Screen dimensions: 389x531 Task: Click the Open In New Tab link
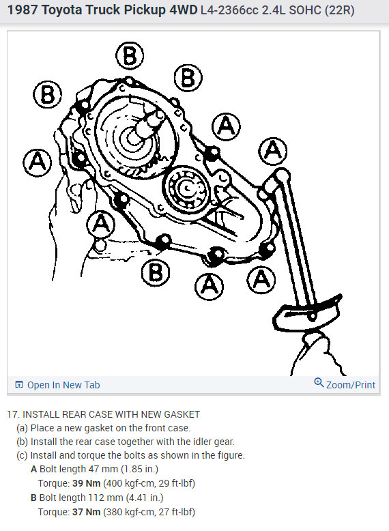coord(57,385)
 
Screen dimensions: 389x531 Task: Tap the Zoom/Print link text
coord(350,385)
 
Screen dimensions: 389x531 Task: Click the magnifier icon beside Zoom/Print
coord(319,383)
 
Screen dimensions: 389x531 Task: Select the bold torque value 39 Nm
coord(87,483)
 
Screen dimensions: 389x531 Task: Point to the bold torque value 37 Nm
coord(87,512)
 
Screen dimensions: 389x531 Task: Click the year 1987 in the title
coord(23,10)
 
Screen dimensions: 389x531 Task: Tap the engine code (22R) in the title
coord(339,10)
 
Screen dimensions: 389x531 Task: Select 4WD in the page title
coord(183,10)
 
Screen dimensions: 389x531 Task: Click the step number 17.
coord(13,414)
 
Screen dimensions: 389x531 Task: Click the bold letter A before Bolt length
coord(33,469)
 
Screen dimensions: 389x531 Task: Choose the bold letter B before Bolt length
coord(33,498)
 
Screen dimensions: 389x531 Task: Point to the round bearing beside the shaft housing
coord(185,188)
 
